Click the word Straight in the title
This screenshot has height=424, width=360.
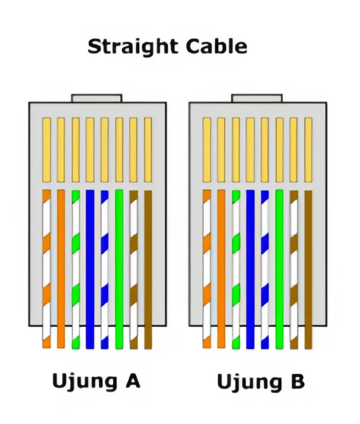(x=133, y=47)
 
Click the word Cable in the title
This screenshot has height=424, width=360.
(x=217, y=46)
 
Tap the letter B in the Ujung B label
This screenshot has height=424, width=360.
(x=298, y=381)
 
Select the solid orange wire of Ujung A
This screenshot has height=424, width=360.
(x=61, y=269)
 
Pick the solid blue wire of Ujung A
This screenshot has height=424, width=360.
(x=90, y=269)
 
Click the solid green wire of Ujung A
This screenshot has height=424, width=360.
(x=119, y=269)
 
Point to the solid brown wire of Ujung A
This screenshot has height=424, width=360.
(x=148, y=270)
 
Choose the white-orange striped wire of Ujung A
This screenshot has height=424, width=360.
(x=46, y=269)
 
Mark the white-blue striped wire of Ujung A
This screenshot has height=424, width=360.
(x=105, y=270)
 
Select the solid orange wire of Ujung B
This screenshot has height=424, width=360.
(x=221, y=269)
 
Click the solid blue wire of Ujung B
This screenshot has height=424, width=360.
(x=250, y=269)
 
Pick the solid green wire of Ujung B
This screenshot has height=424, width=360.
(x=279, y=269)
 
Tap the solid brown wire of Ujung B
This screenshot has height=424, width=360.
(x=309, y=270)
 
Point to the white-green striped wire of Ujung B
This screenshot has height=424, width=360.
(x=236, y=270)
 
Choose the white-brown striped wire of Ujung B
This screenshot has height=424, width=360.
(x=294, y=270)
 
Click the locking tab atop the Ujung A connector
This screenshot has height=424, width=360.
(x=97, y=98)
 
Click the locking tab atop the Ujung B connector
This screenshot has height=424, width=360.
(x=257, y=98)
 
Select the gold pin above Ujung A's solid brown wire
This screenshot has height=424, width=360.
(x=148, y=150)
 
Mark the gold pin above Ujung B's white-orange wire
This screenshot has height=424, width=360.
(x=206, y=150)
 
